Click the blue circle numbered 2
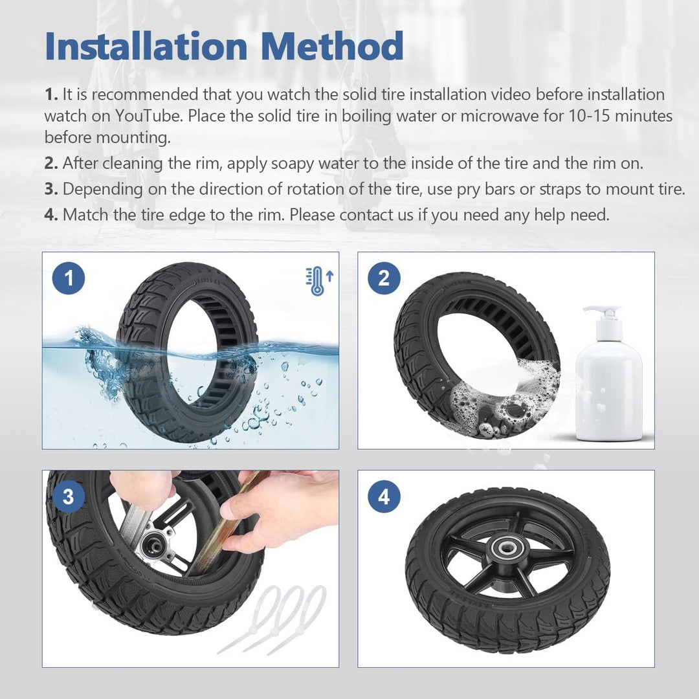tap(384, 279)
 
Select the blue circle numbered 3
tap(69, 497)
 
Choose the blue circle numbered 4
tap(384, 497)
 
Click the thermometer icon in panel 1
tap(316, 282)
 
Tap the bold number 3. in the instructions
tap(52, 189)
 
